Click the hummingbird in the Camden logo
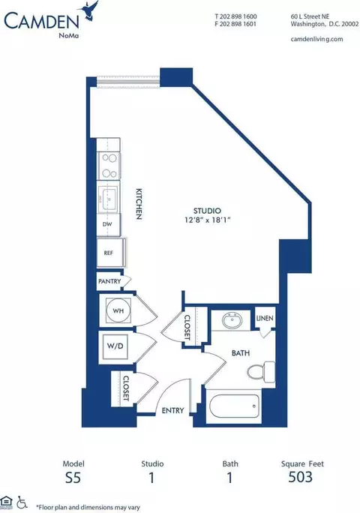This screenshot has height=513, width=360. point(89,10)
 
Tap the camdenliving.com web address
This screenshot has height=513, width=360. point(316,39)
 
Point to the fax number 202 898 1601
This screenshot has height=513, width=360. point(235,24)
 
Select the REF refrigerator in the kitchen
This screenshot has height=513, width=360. point(109,253)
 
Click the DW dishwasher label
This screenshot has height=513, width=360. point(107,224)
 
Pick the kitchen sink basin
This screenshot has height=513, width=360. point(108,199)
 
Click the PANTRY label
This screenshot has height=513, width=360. point(109,281)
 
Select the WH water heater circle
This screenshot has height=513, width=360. point(118,310)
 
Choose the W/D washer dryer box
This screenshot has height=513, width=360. point(115,346)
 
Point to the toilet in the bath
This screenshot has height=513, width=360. point(261,372)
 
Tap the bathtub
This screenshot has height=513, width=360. point(234,406)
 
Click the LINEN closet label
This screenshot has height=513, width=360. point(265,318)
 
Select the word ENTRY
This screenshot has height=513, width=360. point(172,410)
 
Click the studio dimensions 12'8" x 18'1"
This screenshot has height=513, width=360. point(208,220)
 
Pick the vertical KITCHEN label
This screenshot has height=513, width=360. point(139,203)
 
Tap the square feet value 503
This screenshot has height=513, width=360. point(301,477)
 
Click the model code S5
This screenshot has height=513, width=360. point(73,478)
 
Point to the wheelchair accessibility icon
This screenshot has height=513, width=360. point(22,502)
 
